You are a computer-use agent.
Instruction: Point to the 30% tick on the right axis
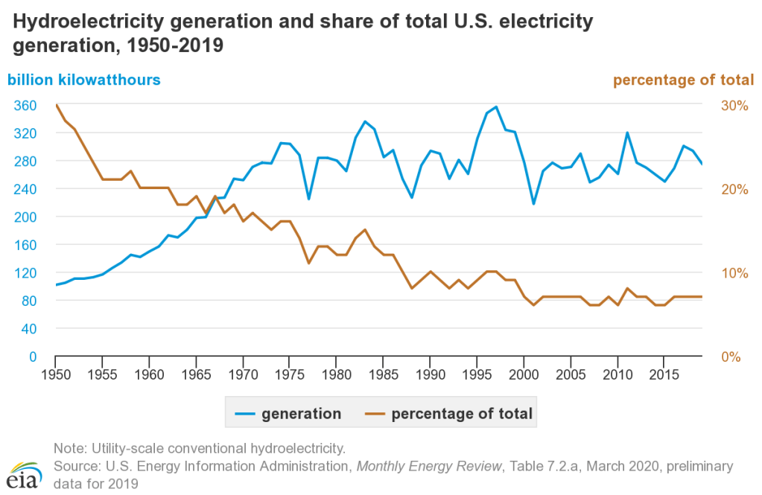click(734, 106)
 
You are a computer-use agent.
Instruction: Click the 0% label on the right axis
click(731, 357)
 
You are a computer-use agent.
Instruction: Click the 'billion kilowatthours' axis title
click(84, 80)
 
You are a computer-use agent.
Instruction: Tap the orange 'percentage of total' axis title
click(683, 80)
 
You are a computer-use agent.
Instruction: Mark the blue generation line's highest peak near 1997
click(496, 106)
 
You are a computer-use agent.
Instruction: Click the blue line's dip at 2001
click(533, 204)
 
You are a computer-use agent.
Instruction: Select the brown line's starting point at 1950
click(56, 105)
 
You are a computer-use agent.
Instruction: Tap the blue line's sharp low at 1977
click(308, 199)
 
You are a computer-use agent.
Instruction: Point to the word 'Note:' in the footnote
click(71, 448)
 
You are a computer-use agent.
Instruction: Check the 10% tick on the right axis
click(734, 273)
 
